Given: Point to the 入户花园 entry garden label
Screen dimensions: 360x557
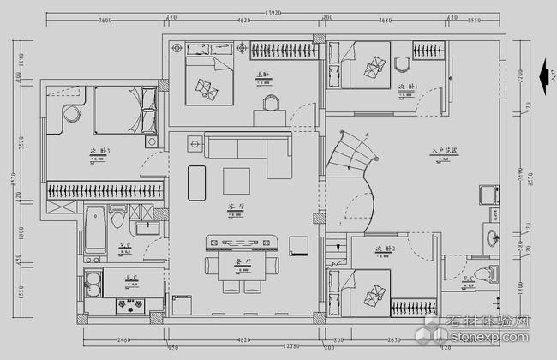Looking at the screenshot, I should (x=446, y=151).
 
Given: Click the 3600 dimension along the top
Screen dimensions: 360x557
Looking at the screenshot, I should (x=106, y=19).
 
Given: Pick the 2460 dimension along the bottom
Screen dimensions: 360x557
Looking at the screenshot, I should (x=123, y=339).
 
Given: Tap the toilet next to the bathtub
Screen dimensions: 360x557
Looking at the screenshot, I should (x=117, y=221).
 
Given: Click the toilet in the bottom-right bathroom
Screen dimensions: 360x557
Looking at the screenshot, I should (x=490, y=274).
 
